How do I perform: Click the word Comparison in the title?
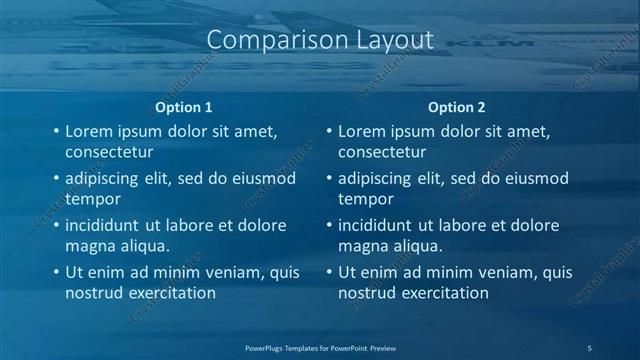coord(266,41)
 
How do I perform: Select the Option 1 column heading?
coord(184,107)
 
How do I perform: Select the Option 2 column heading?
coord(456,107)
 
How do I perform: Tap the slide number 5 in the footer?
coord(590,347)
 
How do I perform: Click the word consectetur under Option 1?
coord(109,153)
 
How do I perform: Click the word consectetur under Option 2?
coord(382,153)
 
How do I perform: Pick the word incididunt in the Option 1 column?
coord(105,225)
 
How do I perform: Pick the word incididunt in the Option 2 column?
coord(378,225)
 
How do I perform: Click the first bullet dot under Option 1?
coord(55,131)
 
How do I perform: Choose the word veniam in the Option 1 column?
coord(209,272)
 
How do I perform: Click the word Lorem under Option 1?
coord(88,131)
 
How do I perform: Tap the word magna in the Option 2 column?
coord(363,246)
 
